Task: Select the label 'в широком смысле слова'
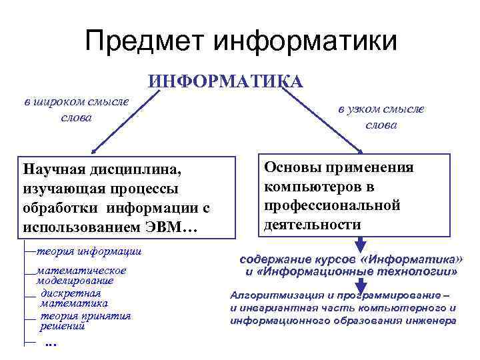75,109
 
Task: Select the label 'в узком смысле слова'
381,117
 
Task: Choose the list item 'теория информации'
87,251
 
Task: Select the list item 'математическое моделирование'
81,275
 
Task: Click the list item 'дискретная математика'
70,298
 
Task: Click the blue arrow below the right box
361,243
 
